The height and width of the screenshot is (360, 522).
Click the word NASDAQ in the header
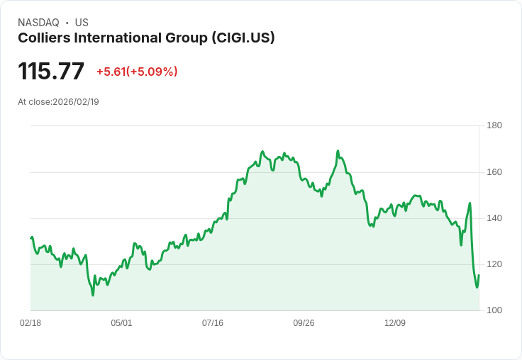click(x=38, y=23)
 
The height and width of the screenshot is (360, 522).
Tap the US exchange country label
click(x=82, y=23)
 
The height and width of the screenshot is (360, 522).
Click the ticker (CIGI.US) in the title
click(x=243, y=38)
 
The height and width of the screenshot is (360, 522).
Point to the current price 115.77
click(x=51, y=72)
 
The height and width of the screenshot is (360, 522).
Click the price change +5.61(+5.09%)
click(x=137, y=72)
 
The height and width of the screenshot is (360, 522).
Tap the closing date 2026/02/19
click(x=76, y=102)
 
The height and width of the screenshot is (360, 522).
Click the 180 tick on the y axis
click(x=494, y=126)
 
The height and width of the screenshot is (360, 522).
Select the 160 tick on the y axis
click(x=494, y=172)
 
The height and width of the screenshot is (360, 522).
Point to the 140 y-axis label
click(x=494, y=218)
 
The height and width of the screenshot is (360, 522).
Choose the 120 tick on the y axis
click(x=494, y=264)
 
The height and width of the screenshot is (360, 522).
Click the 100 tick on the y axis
click(x=494, y=310)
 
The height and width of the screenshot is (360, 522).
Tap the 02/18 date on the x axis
click(x=30, y=323)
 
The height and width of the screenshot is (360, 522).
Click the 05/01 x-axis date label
click(x=121, y=323)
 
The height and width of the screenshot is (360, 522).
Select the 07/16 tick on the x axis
click(x=213, y=323)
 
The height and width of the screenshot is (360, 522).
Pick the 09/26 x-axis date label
click(x=304, y=323)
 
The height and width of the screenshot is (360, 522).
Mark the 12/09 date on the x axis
click(x=395, y=323)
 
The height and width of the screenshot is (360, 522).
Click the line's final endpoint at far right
click(x=479, y=275)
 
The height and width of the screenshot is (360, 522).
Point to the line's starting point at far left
click(x=31, y=238)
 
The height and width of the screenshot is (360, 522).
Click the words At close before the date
click(x=34, y=102)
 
